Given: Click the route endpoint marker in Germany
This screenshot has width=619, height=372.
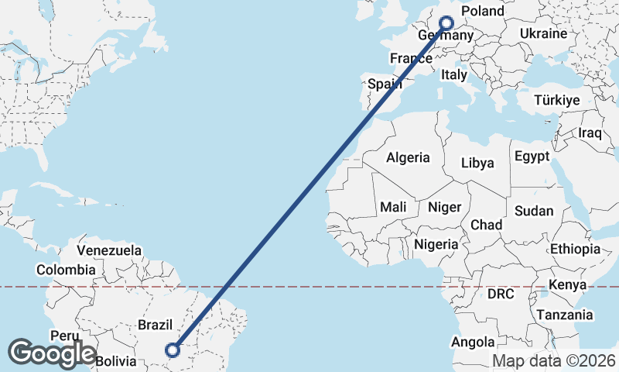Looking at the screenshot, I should point(446,23).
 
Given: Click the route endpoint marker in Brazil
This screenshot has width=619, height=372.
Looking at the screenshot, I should point(173,350).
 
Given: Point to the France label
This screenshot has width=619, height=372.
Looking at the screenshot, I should point(411,59).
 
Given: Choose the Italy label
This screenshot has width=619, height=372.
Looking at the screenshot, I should point(454,75).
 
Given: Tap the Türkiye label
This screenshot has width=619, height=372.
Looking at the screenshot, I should point(557,101).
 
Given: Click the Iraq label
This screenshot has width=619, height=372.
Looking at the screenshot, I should point(590,133).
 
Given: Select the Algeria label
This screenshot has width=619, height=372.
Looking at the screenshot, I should point(408,157).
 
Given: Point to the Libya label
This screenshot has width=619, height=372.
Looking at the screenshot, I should point(477,164).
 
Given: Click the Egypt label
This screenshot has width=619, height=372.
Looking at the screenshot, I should point(532,156).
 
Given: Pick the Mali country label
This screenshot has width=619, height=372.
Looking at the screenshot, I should point(393,207).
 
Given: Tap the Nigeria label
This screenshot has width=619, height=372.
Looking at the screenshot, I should point(436,244).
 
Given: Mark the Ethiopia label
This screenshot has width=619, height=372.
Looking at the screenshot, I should point(575,249).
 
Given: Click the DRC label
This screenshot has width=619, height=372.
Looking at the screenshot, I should point(501,294).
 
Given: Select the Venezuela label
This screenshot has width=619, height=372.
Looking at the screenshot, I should point(109,250).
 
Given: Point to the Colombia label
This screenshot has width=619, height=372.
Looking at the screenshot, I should point(66,270).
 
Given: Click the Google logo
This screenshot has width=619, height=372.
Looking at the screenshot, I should point(53,353).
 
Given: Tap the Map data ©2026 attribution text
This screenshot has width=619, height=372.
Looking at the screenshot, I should point(554,361).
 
